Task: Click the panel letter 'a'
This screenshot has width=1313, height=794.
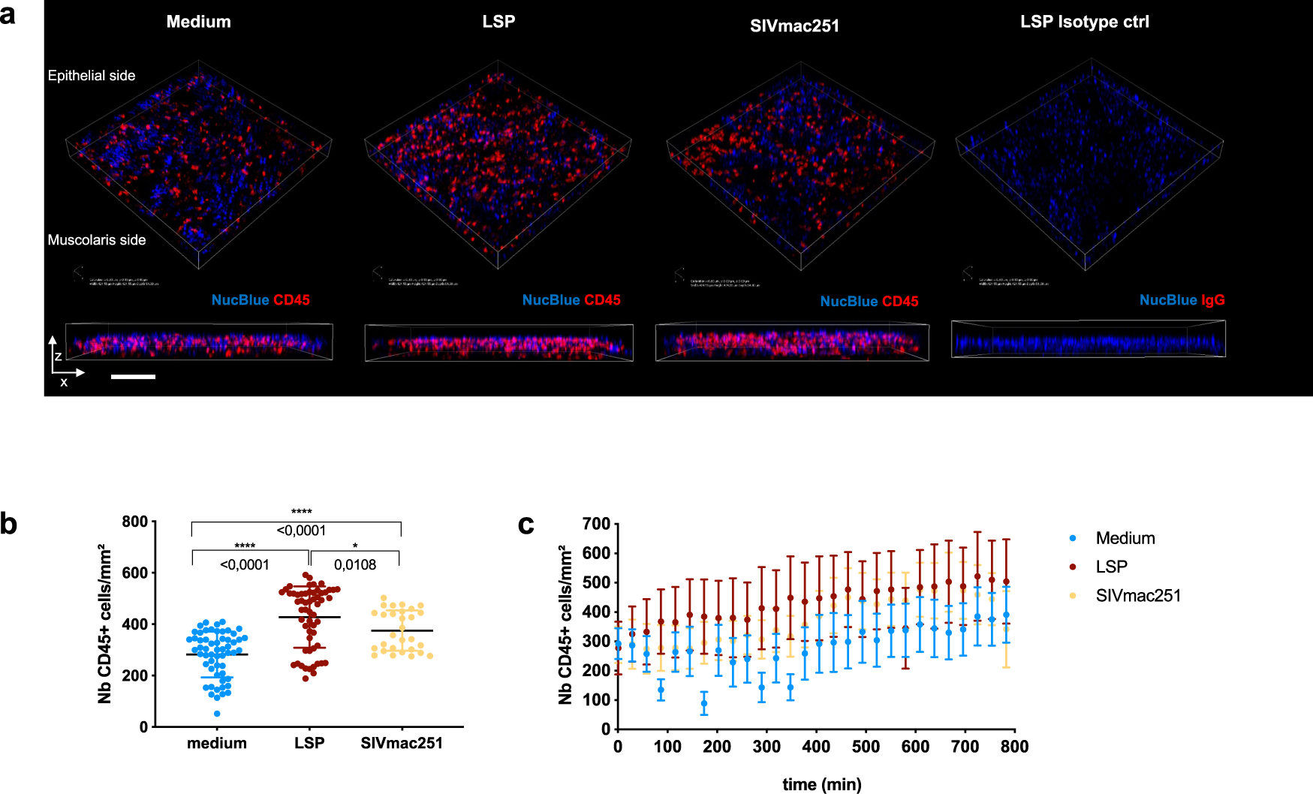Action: coord(8,14)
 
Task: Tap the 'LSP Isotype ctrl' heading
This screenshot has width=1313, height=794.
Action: coord(1084,22)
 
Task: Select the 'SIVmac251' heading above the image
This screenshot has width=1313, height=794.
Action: coord(794,26)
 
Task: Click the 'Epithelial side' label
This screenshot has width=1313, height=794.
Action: coord(92,76)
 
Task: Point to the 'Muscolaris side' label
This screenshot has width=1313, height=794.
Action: coord(97,240)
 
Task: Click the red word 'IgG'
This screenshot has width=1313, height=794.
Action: coord(1212,300)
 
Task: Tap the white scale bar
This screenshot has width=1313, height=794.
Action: coord(133,377)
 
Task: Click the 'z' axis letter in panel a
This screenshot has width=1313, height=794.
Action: coord(58,356)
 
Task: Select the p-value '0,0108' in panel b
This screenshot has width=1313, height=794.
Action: coord(355,564)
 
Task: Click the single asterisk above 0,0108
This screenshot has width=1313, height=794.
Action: coord(355,546)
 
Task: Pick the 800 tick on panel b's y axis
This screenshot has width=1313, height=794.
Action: coord(135,522)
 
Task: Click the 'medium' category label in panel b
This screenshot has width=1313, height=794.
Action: coord(217,743)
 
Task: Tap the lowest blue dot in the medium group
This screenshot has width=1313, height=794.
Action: coord(217,714)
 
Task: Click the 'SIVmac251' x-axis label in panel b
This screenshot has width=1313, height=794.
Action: coord(402,743)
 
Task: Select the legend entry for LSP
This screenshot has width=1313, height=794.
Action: coord(1111,567)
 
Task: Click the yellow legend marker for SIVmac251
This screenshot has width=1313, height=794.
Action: coord(1073,596)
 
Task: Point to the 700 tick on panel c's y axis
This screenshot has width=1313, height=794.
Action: coord(596,524)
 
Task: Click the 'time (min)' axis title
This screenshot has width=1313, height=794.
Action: coord(822,784)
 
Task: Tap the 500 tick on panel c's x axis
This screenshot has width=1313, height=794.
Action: coord(866,747)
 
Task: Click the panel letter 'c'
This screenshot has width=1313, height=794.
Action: coord(526,525)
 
